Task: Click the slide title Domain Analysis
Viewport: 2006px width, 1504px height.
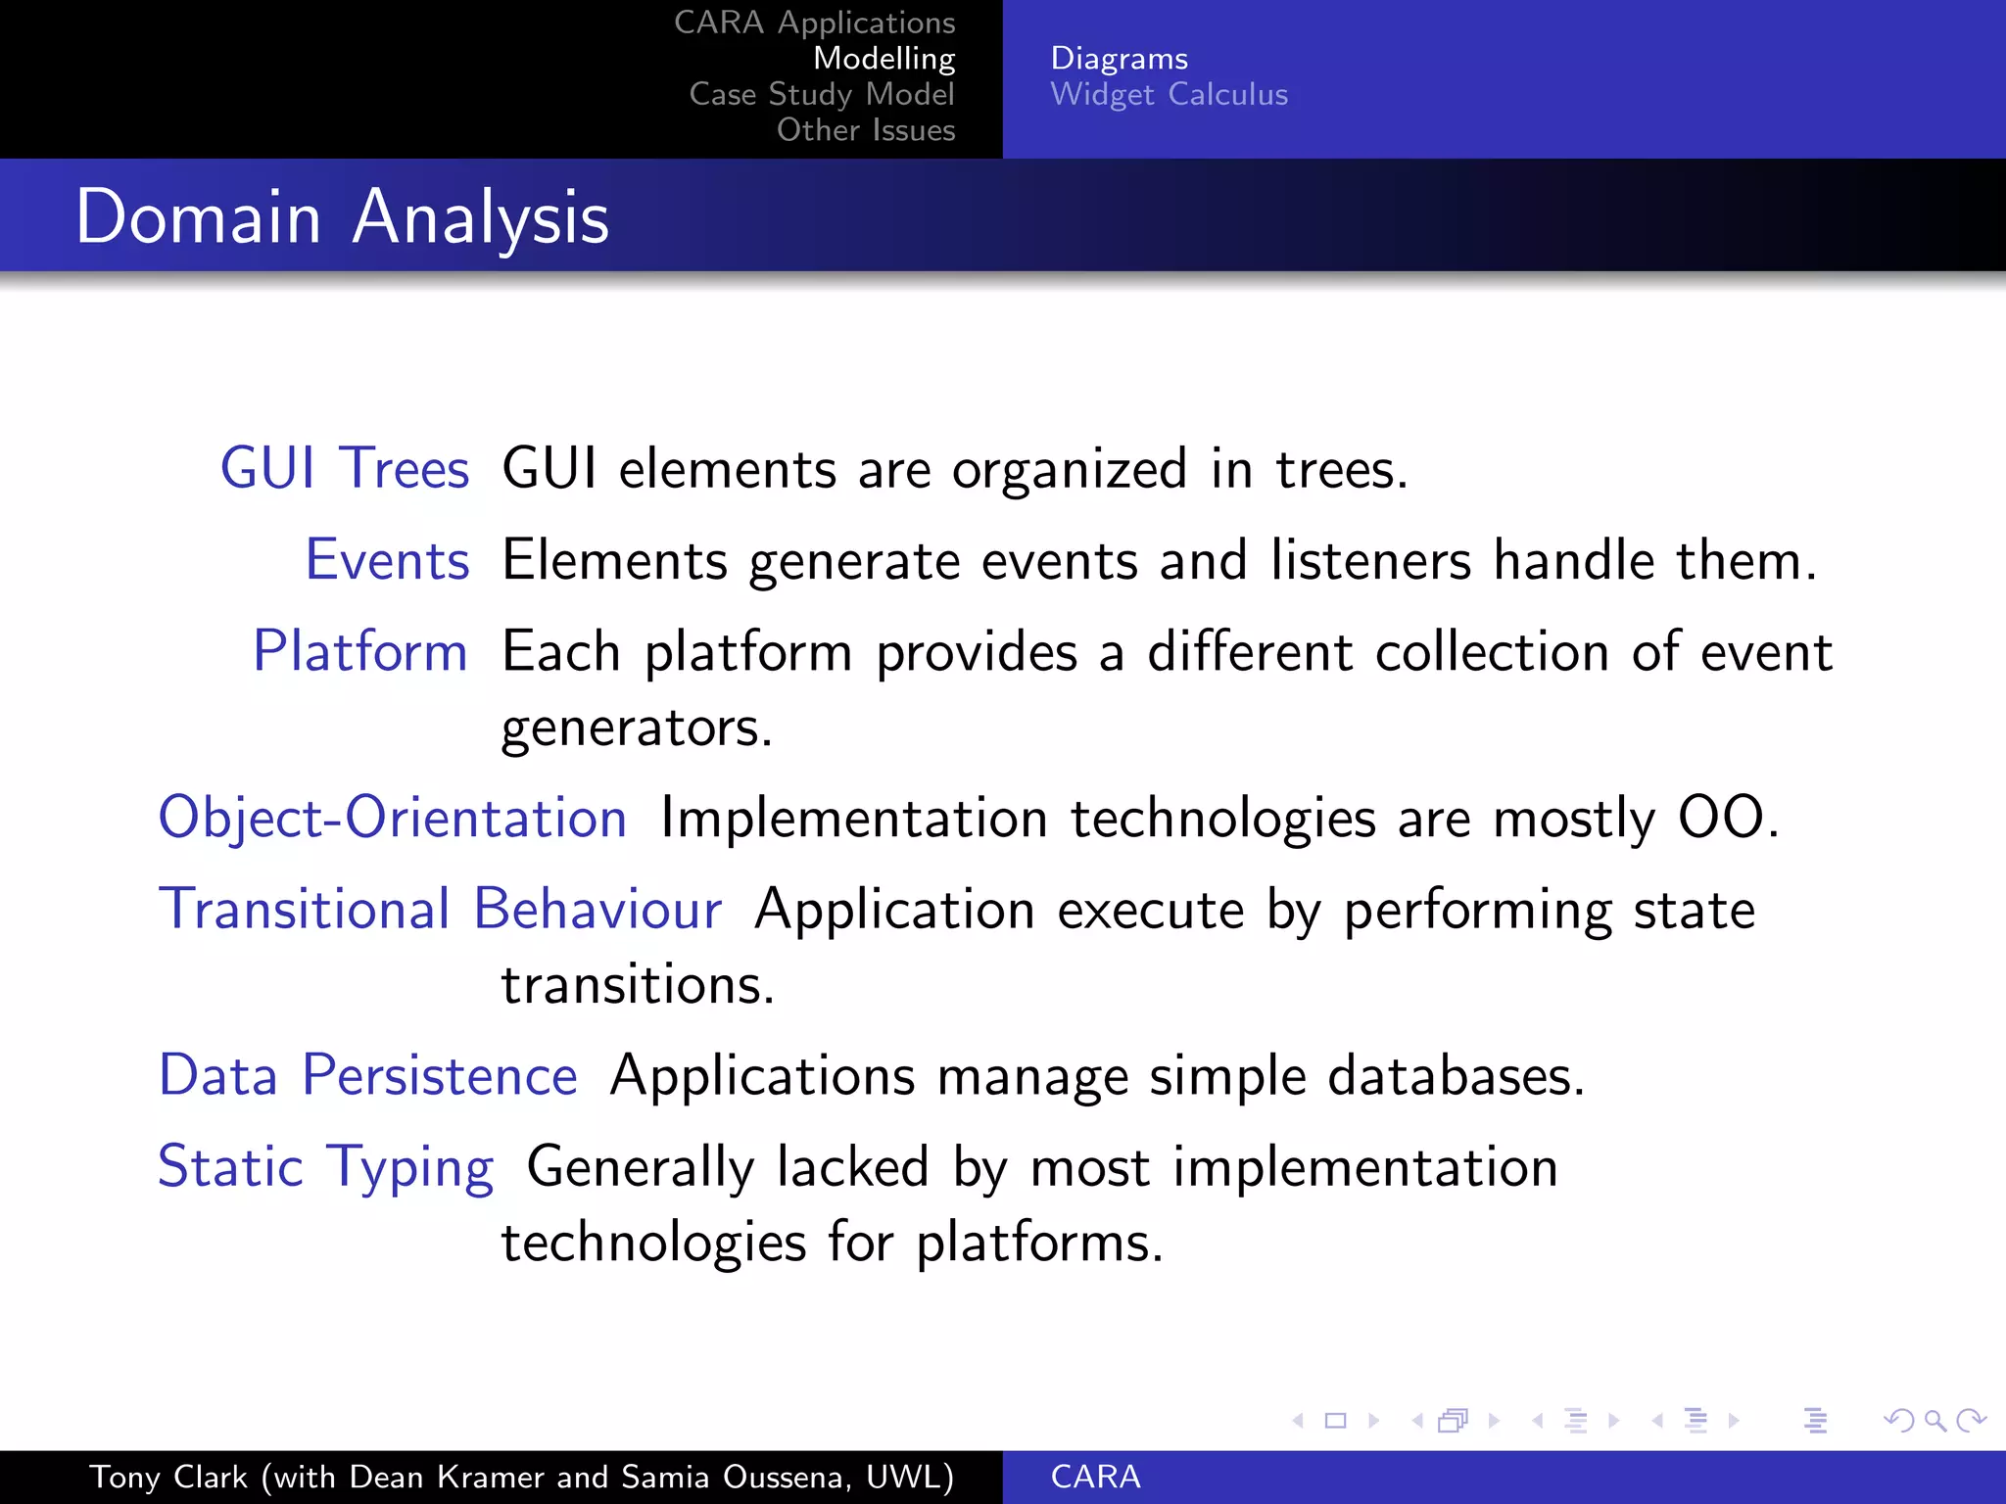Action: pyautogui.click(x=342, y=217)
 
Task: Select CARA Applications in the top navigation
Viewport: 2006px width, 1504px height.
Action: pyautogui.click(x=814, y=22)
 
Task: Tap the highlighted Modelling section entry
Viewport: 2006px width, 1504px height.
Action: pyautogui.click(x=884, y=58)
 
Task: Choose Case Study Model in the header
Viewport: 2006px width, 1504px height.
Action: pyautogui.click(x=821, y=94)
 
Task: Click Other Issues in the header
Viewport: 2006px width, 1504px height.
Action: pyautogui.click(x=865, y=129)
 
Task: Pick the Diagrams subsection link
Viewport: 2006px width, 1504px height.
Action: pyautogui.click(x=1119, y=58)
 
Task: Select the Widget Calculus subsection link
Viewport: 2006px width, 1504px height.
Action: pyautogui.click(x=1169, y=94)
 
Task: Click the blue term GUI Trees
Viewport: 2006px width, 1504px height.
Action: pyautogui.click(x=345, y=468)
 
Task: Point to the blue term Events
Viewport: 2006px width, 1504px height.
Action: pyautogui.click(x=387, y=560)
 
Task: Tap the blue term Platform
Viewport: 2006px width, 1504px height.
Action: pyautogui.click(x=360, y=651)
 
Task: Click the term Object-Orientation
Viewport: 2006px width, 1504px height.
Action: pyautogui.click(x=392, y=818)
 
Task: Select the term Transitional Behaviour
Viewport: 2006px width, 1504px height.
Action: pyautogui.click(x=440, y=909)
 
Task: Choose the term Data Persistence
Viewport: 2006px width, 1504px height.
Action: pyautogui.click(x=367, y=1075)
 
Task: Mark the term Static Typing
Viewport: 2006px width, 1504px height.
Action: pyautogui.click(x=325, y=1167)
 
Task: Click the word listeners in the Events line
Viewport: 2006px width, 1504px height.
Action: pyautogui.click(x=1370, y=560)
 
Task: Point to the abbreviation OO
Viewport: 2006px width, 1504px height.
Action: pyautogui.click(x=1721, y=818)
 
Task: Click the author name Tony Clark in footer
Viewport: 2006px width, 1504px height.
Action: pyautogui.click(x=168, y=1477)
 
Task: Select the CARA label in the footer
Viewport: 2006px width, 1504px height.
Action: pyautogui.click(x=1095, y=1477)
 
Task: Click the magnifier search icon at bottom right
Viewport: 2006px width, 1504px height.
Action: pyautogui.click(x=1934, y=1420)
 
